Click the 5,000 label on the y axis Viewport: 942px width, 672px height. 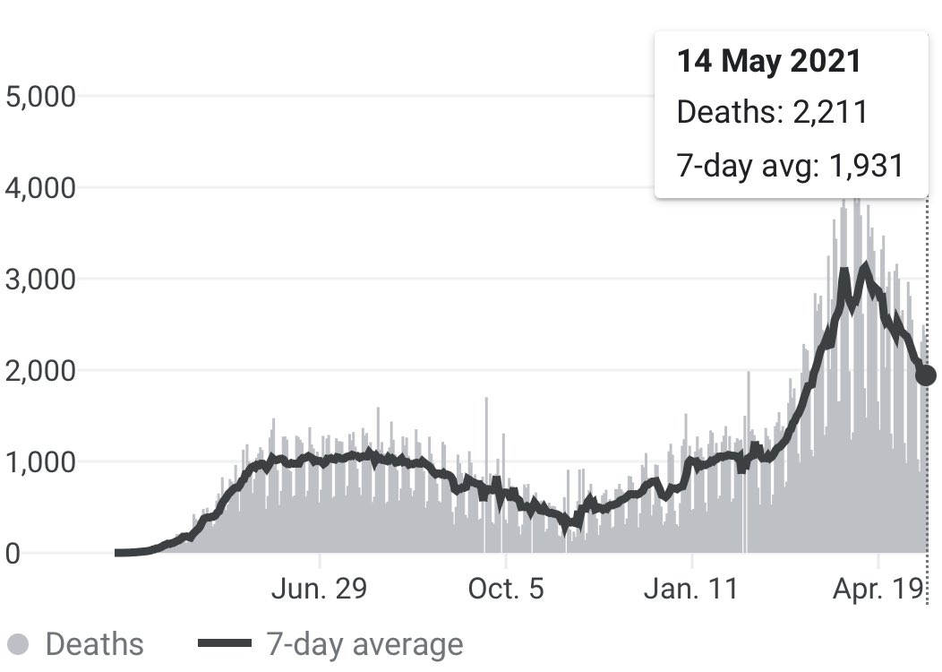pyautogui.click(x=41, y=97)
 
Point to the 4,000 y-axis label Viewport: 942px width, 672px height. pyautogui.click(x=41, y=188)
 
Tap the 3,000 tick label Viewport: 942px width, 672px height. pyautogui.click(x=41, y=280)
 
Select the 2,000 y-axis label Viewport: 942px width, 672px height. pyautogui.click(x=41, y=371)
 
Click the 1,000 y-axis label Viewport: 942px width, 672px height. pyautogui.click(x=41, y=462)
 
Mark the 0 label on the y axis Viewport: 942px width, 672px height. pyautogui.click(x=13, y=554)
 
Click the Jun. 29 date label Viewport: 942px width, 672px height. pyautogui.click(x=319, y=589)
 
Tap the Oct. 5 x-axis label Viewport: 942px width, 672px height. pyautogui.click(x=506, y=589)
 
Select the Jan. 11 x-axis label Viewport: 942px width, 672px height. pyautogui.click(x=691, y=589)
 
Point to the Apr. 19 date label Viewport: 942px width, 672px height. pyautogui.click(x=878, y=589)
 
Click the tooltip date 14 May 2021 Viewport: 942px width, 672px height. pyautogui.click(x=769, y=61)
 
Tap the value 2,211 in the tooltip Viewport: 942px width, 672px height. pyautogui.click(x=830, y=112)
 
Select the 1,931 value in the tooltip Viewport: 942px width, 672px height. pyautogui.click(x=866, y=165)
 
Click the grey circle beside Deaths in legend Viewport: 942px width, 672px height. pyautogui.click(x=19, y=643)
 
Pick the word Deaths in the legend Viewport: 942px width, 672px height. pyautogui.click(x=95, y=643)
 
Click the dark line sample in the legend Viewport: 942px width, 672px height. pyautogui.click(x=224, y=643)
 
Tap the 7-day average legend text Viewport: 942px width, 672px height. pyautogui.click(x=364, y=644)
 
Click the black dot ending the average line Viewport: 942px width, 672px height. pyautogui.click(x=926, y=375)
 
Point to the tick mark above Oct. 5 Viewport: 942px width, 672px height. pyautogui.click(x=506, y=561)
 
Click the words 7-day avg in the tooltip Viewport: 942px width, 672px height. pyautogui.click(x=748, y=166)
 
